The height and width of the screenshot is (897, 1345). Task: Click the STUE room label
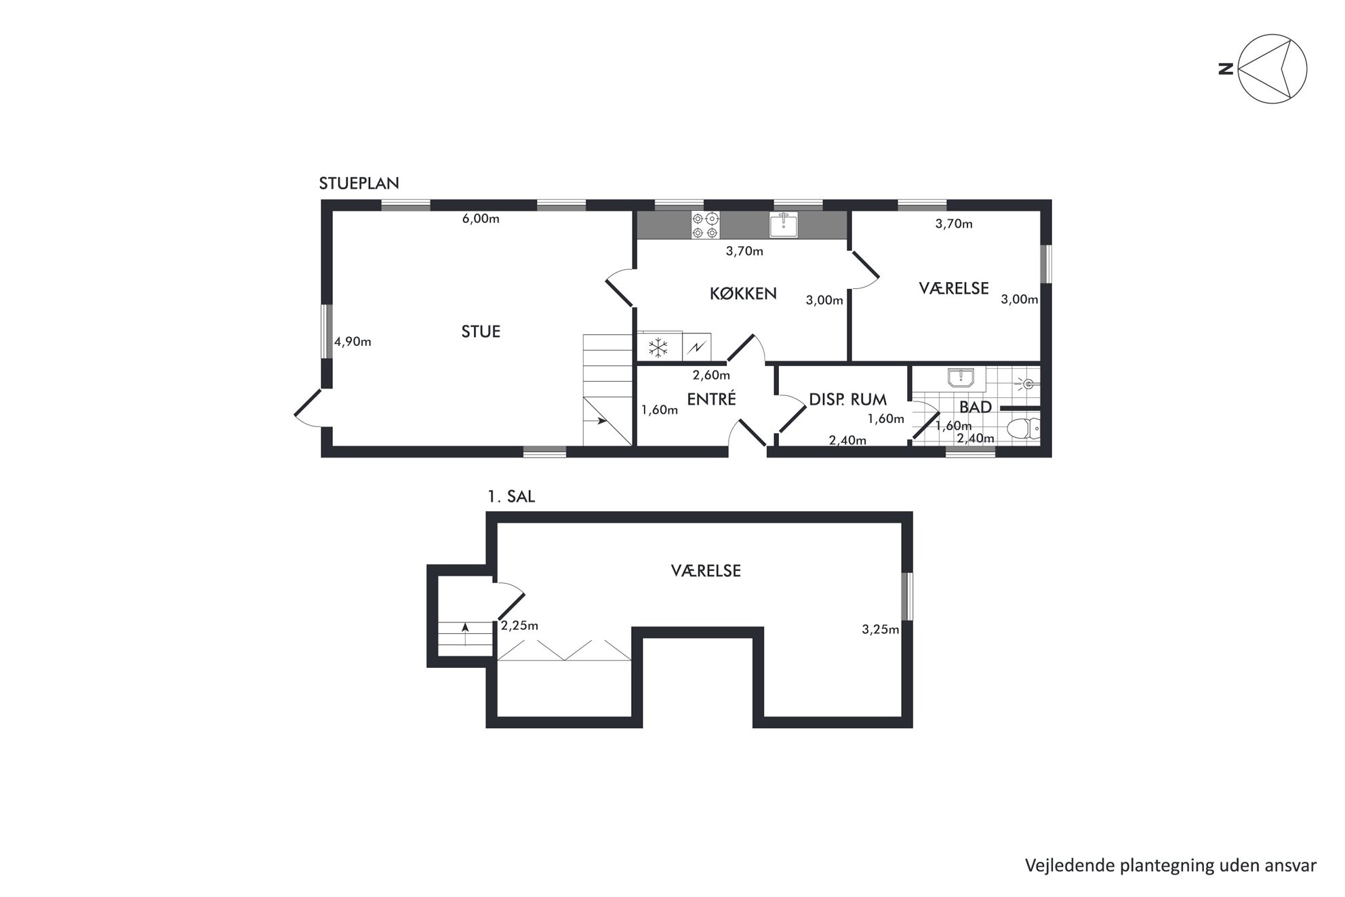tap(481, 332)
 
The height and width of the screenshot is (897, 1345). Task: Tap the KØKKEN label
tap(743, 294)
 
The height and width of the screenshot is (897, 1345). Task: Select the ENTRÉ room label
tap(711, 399)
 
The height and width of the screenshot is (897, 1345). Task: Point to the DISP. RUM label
tap(847, 400)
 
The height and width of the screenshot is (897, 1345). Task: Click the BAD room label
tap(976, 407)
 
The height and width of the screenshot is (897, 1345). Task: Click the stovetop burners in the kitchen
tap(705, 225)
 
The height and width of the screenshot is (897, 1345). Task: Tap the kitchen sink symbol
tap(784, 224)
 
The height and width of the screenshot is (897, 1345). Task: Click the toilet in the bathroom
tap(1023, 429)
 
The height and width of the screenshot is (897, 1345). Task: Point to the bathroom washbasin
tap(961, 378)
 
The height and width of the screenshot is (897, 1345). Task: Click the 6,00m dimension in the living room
tap(481, 219)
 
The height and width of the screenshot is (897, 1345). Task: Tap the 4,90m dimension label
tap(353, 342)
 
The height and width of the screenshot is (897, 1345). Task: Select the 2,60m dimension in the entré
tap(711, 375)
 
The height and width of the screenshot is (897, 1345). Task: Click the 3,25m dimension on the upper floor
tap(881, 629)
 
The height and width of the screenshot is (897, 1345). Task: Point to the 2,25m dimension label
tap(519, 626)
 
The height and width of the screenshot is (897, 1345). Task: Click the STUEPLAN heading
tap(359, 183)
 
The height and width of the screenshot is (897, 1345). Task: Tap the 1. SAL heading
tap(511, 496)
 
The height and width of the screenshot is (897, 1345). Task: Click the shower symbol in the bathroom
tap(1027, 384)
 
